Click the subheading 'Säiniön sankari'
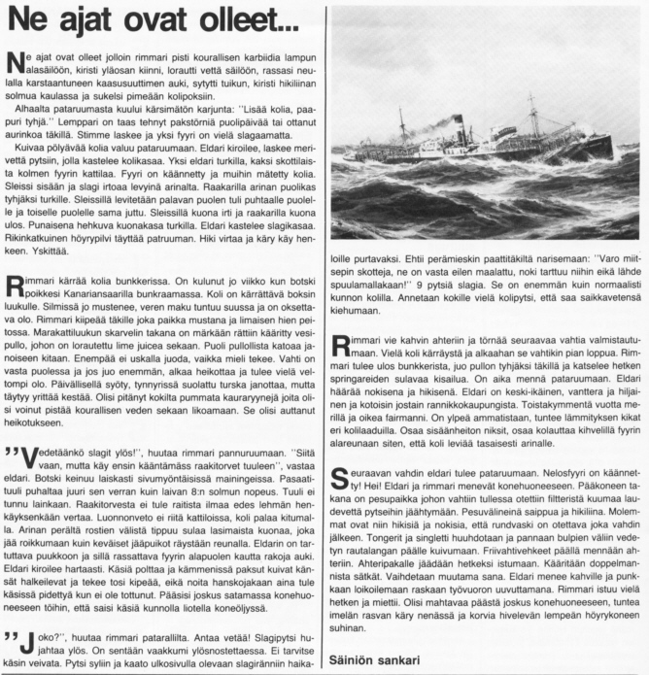375,660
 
